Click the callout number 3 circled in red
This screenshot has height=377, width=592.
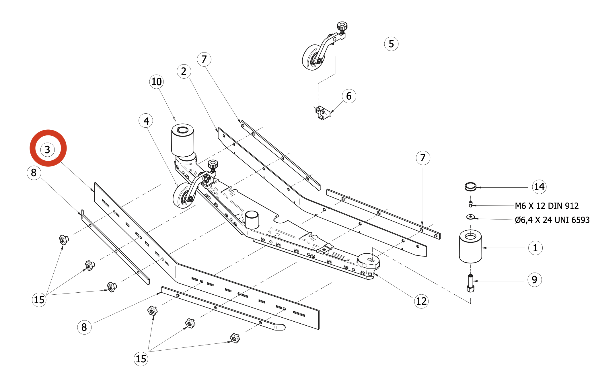click(x=48, y=149)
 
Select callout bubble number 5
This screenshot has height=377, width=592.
click(x=391, y=44)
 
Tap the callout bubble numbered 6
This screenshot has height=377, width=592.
click(x=349, y=96)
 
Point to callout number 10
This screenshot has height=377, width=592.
click(x=156, y=81)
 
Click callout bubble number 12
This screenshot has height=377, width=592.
click(x=421, y=301)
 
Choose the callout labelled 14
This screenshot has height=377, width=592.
click(x=539, y=186)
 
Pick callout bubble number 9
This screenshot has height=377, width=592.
click(x=534, y=279)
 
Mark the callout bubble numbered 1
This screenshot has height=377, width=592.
click(x=535, y=248)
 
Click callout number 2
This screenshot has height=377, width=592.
click(x=184, y=71)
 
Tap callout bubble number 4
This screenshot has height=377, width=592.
click(x=146, y=121)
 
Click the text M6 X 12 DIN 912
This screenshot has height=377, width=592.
click(x=547, y=206)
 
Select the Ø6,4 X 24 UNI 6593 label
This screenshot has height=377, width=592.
click(x=552, y=220)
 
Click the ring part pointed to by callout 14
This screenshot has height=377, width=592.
click(x=470, y=186)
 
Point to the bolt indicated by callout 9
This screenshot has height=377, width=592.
click(x=470, y=283)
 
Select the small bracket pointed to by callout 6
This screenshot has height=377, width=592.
click(x=322, y=112)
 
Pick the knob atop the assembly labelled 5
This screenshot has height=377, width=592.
click(x=342, y=27)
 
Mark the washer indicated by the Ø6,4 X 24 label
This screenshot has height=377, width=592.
click(x=470, y=217)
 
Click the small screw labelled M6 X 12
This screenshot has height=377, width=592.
click(x=470, y=204)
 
